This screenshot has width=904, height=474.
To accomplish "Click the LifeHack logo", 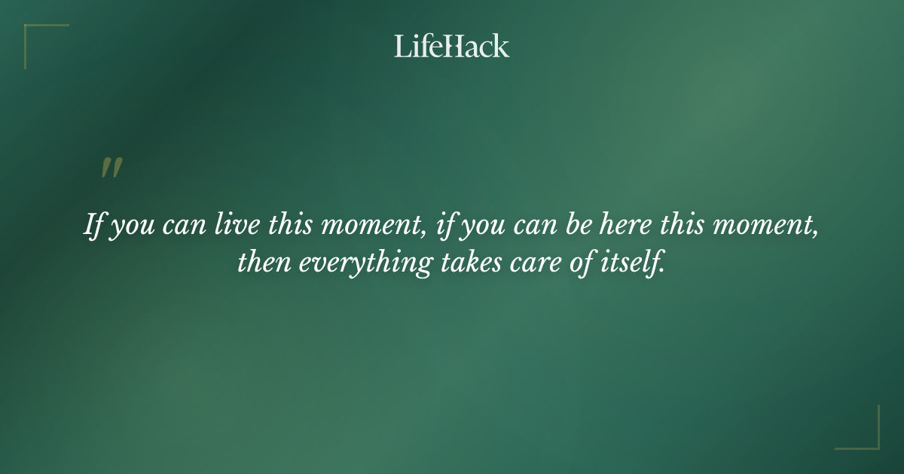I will tap(452, 46).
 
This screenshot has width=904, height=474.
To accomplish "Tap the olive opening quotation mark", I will tap(111, 169).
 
